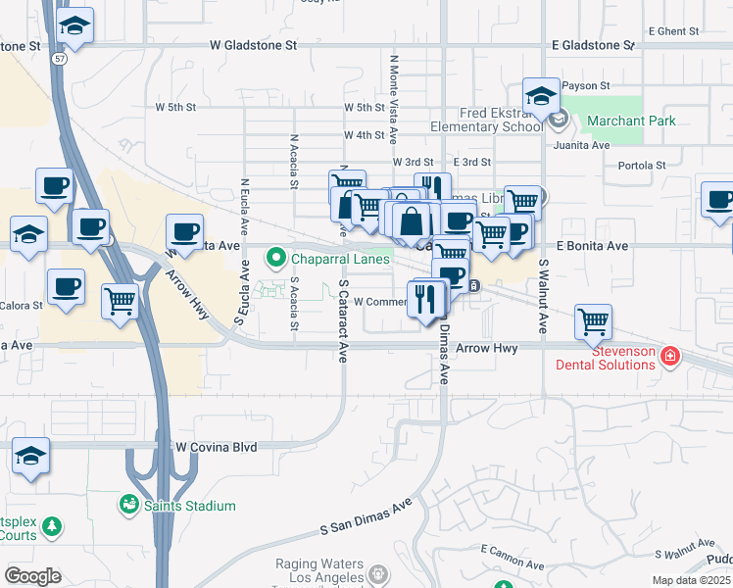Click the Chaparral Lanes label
[335, 259]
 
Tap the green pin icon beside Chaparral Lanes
[276, 259]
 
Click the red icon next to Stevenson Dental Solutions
[670, 356]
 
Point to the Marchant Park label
[632, 122]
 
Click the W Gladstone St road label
[253, 46]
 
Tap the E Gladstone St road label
[594, 46]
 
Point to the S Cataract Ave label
[343, 321]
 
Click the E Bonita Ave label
[592, 246]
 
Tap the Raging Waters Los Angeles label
[320, 570]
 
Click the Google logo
[32, 576]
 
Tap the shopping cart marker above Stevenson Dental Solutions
[593, 320]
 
